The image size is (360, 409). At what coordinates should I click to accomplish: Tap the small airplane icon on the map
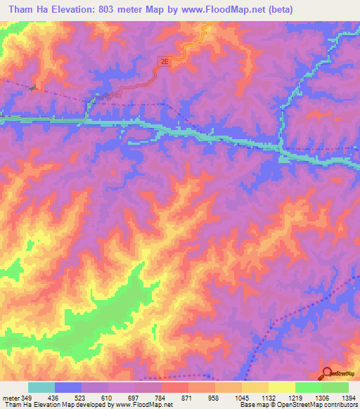tap(33, 87)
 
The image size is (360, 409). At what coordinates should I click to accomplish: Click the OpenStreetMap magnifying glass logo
tap(326, 373)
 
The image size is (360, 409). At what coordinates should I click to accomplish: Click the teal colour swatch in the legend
tap(41, 387)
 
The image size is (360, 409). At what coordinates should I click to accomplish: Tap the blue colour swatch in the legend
tap(68, 387)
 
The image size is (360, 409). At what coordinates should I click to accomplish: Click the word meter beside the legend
tap(11, 398)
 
